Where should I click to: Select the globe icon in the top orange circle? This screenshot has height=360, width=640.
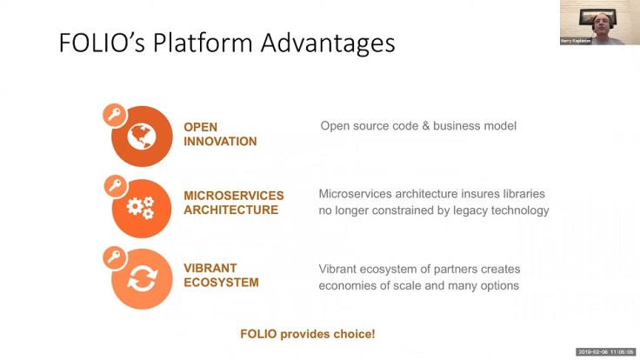click(x=142, y=136)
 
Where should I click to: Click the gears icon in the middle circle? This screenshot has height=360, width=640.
click(x=141, y=208)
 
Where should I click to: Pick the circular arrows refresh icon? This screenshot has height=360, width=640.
click(x=141, y=279)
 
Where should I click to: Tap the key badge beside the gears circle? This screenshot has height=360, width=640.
click(x=113, y=186)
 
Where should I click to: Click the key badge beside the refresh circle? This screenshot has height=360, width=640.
click(x=113, y=257)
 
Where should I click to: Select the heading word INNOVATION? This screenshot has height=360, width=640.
click(x=220, y=142)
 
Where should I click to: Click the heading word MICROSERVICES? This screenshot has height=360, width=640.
click(x=233, y=196)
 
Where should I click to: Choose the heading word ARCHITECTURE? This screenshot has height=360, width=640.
click(x=230, y=210)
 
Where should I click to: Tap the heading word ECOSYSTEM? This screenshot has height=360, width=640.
click(x=221, y=283)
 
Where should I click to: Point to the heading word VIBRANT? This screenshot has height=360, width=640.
click(x=209, y=269)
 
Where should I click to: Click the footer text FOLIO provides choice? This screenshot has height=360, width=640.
click(x=307, y=333)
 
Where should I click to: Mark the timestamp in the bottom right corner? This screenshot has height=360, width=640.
click(x=605, y=352)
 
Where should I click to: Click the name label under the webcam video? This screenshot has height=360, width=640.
click(x=576, y=40)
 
